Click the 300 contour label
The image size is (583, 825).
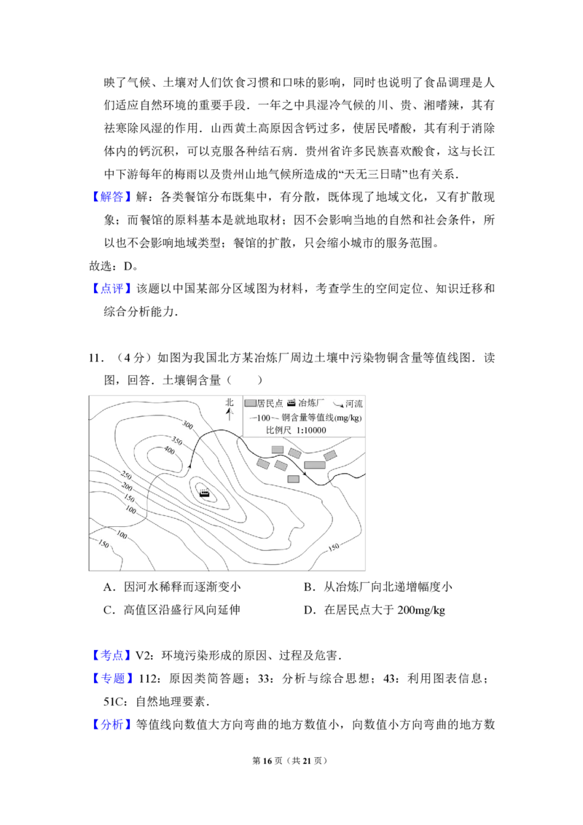pyautogui.click(x=187, y=424)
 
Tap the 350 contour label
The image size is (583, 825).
pyautogui.click(x=176, y=440)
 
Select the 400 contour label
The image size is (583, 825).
pyautogui.click(x=169, y=451)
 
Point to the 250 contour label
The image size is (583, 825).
pyautogui.click(x=126, y=475)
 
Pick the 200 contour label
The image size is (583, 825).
pyautogui.click(x=127, y=486)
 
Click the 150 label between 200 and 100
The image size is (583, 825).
pyautogui.click(x=129, y=498)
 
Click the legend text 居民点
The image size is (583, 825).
pyautogui.click(x=270, y=403)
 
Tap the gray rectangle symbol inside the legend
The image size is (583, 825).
pyautogui.click(x=250, y=403)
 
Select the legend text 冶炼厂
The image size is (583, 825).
pyautogui.click(x=312, y=403)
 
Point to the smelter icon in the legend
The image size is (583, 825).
pyautogui.click(x=291, y=402)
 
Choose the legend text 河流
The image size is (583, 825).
pyautogui.click(x=353, y=403)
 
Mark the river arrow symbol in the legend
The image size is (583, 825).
pyautogui.click(x=338, y=404)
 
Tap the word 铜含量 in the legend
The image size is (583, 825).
pyautogui.click(x=294, y=418)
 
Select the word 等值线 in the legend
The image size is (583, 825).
pyautogui.click(x=320, y=418)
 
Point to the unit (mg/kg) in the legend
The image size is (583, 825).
pyautogui.click(x=348, y=418)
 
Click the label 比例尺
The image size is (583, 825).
pyautogui.click(x=278, y=431)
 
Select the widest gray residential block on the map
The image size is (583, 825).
pyautogui.click(x=315, y=465)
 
